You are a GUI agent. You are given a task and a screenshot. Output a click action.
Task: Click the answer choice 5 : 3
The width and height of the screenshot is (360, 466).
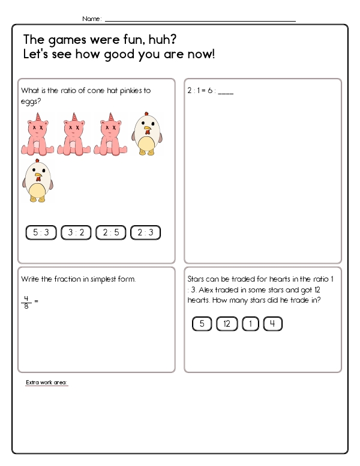(41, 233)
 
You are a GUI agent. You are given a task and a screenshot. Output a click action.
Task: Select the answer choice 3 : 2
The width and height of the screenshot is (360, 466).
(76, 233)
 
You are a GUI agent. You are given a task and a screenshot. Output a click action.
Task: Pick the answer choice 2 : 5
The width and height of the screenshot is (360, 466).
(110, 233)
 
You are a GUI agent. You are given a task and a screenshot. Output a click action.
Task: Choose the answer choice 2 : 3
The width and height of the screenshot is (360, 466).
(145, 233)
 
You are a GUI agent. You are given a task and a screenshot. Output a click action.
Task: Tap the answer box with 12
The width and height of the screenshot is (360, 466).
(227, 324)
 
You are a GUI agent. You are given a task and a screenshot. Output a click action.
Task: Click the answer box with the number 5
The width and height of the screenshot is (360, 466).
(202, 324)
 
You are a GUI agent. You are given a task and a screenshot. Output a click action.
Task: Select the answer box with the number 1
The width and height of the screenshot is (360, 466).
(250, 324)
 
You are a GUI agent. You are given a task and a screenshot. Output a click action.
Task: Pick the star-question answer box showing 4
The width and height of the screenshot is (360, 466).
(272, 324)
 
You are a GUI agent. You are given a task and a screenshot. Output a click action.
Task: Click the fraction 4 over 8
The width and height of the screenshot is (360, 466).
(26, 301)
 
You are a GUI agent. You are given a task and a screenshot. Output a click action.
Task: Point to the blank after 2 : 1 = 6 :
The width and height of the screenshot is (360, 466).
(226, 92)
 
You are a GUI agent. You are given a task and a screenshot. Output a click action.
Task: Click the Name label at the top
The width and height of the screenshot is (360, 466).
(91, 19)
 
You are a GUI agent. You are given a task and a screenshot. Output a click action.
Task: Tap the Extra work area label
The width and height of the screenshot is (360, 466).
(46, 383)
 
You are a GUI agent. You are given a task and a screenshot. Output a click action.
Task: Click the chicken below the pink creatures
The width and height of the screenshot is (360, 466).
(37, 181)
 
